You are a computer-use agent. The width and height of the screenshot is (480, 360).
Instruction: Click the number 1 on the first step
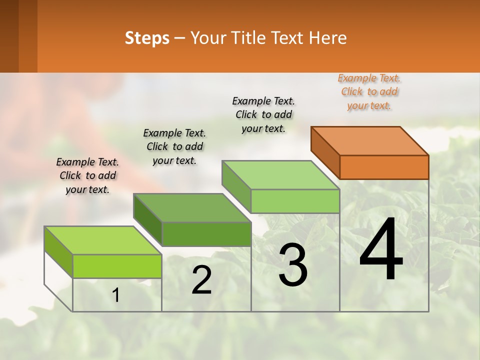click(116, 295)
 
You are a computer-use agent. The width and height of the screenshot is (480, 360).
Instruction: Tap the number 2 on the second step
click(201, 280)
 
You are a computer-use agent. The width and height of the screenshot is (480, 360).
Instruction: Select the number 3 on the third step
click(292, 265)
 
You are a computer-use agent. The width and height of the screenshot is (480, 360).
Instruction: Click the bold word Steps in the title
click(147, 38)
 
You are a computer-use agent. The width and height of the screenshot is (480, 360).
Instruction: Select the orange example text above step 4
click(369, 92)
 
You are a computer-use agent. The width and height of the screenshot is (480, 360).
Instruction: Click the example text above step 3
click(263, 114)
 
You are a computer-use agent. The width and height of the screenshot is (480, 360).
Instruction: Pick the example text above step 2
click(174, 146)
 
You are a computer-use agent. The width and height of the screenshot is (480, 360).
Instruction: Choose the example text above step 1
click(87, 175)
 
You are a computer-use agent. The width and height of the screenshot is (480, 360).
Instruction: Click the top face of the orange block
click(370, 140)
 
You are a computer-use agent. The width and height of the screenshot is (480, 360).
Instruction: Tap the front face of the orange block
click(384, 167)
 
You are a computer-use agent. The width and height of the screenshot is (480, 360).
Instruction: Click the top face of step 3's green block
click(280, 175)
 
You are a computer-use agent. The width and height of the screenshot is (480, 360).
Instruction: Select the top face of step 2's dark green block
click(192, 207)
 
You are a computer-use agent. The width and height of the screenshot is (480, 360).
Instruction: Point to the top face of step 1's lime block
click(103, 240)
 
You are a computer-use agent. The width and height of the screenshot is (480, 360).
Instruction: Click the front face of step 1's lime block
click(117, 266)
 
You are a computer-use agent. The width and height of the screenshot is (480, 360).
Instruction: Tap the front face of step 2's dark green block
click(206, 234)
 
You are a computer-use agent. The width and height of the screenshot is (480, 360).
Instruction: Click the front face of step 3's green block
click(295, 201)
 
